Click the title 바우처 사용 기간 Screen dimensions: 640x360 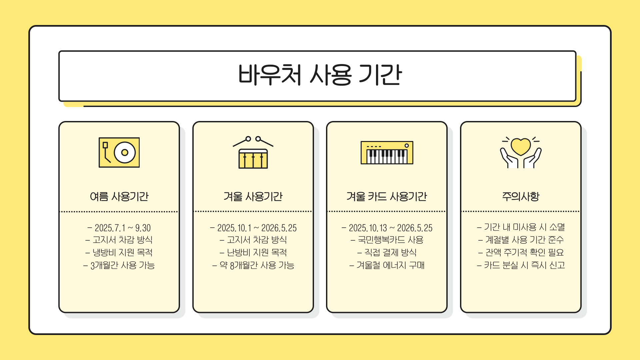320,75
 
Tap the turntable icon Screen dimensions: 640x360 119,152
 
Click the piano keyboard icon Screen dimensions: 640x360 387,153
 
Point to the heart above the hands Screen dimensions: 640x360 521,146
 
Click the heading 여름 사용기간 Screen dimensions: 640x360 119,196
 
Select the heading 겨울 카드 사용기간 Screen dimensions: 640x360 387,196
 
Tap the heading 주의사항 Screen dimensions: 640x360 521,196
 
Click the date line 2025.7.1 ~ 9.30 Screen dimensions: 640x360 119,228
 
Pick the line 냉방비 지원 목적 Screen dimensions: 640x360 119,252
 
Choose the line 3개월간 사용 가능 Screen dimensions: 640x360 119,265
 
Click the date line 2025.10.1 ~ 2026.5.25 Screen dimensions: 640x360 253,228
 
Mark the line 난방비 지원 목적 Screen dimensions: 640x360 253,252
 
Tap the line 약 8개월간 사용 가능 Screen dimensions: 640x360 253,265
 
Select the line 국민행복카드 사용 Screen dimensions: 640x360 387,240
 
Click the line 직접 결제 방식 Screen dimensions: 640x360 387,252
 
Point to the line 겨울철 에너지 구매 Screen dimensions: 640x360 387,265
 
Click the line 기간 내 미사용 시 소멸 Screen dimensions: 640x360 521,227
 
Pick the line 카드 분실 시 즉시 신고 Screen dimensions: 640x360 521,265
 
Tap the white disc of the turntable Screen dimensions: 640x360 125,152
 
